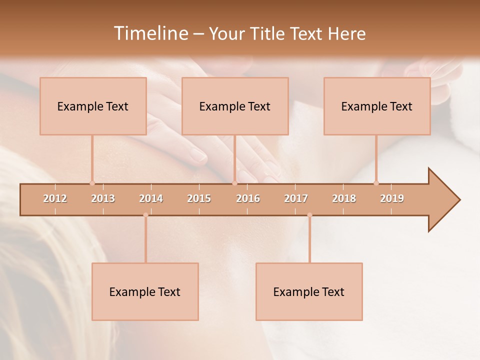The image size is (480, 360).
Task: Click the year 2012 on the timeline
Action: click(x=55, y=198)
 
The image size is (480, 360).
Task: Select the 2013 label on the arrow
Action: click(x=103, y=198)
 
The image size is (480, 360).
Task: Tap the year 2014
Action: click(x=151, y=198)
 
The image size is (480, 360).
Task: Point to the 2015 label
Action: click(x=199, y=198)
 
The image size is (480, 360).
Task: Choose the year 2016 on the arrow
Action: click(x=248, y=198)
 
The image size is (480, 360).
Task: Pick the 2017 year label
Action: click(x=296, y=198)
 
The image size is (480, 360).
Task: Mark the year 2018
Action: click(x=344, y=198)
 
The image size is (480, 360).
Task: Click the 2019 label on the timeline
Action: click(x=392, y=198)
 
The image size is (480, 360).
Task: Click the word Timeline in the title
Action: click(x=150, y=33)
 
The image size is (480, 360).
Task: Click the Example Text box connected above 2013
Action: click(x=93, y=106)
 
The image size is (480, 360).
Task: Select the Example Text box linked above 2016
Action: click(x=235, y=106)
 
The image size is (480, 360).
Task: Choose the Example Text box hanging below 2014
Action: click(x=145, y=291)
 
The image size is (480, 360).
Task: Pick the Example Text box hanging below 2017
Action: click(x=309, y=291)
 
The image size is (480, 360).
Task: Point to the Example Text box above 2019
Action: click(x=377, y=106)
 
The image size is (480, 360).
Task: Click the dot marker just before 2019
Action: click(x=376, y=183)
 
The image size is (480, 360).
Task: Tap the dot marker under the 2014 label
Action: click(x=145, y=215)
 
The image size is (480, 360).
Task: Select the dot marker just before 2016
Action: click(x=234, y=183)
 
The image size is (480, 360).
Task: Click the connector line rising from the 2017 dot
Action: click(x=309, y=240)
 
